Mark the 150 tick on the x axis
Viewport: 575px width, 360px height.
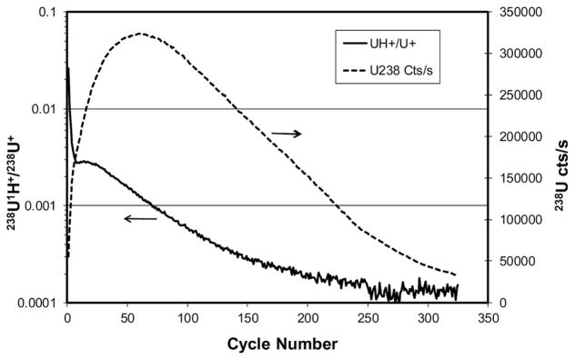coord(247,318)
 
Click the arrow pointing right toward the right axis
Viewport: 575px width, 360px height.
coord(286,134)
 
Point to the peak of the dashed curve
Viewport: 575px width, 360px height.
coord(141,34)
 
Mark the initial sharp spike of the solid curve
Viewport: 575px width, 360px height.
coord(68,69)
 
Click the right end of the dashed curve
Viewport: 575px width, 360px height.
coord(456,275)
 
